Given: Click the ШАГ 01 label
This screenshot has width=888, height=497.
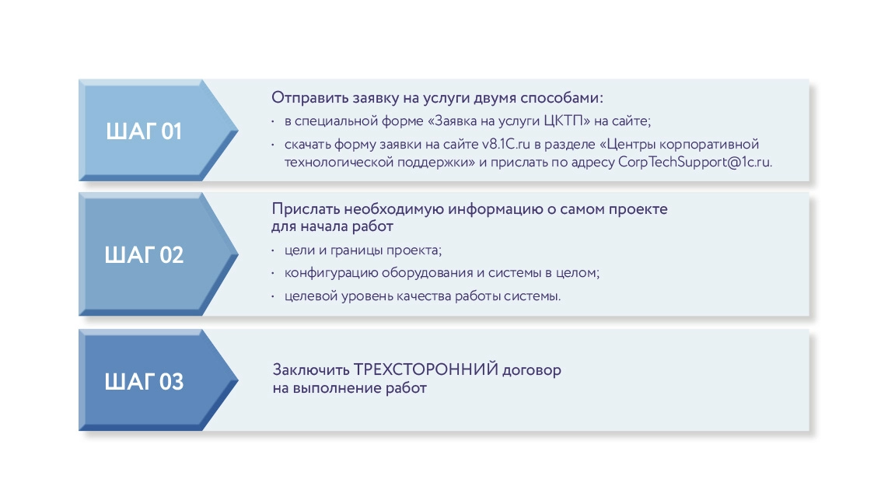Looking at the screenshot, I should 144,131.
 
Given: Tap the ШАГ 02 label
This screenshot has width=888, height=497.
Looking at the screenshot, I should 145,255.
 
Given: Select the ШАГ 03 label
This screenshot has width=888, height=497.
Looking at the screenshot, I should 145,381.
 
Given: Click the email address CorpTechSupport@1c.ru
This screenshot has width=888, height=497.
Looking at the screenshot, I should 694,162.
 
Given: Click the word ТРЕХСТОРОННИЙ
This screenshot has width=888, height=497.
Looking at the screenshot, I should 425,369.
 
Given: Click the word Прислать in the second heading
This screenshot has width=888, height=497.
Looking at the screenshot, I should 302,209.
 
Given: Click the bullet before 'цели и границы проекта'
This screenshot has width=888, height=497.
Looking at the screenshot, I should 273,250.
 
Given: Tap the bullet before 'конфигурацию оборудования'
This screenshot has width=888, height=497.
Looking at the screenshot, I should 273,274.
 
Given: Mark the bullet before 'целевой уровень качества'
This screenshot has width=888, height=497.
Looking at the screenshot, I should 273,297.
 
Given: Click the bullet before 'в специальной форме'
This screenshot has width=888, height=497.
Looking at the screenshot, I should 273,121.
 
